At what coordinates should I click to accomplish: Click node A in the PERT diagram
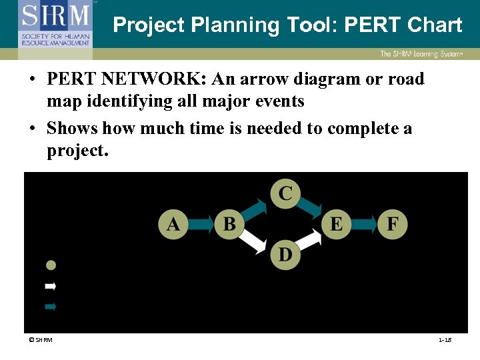[x=173, y=223]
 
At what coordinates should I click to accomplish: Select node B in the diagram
[x=229, y=223]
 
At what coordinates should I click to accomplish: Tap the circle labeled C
[x=285, y=193]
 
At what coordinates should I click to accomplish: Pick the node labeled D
[x=285, y=254]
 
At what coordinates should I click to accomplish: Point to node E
[x=336, y=223]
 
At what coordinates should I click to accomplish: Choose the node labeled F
[x=392, y=223]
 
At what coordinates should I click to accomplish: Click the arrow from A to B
[x=201, y=223]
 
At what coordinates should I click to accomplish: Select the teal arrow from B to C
[x=255, y=207]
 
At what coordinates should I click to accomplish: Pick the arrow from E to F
[x=364, y=223]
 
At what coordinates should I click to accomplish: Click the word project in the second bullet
[x=76, y=151]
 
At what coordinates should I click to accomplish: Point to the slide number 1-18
[x=445, y=341]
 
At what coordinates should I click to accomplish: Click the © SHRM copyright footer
[x=40, y=341]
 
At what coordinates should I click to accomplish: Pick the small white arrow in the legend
[x=50, y=286]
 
